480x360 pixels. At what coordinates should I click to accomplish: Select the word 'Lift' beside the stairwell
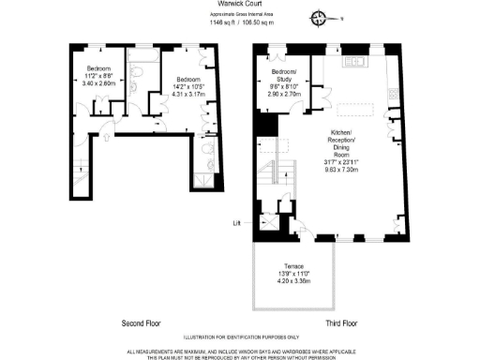(237, 222)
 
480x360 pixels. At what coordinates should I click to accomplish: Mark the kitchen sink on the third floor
(356, 64)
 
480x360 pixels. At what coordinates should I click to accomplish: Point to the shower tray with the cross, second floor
(205, 178)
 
